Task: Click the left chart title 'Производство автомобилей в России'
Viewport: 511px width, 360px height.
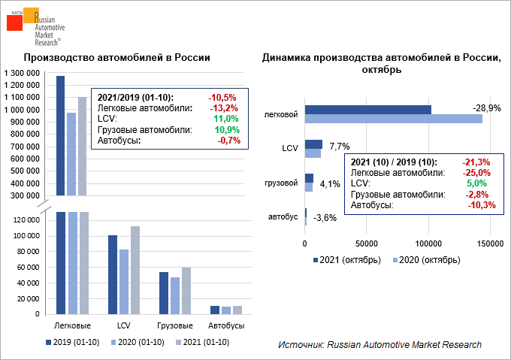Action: click(x=116, y=58)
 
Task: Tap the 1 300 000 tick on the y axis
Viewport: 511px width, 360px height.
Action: click(x=22, y=72)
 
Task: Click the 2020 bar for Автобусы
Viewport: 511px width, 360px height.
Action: click(x=227, y=310)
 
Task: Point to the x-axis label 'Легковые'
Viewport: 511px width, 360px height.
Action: click(x=74, y=326)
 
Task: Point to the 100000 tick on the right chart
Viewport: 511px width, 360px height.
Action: click(x=428, y=244)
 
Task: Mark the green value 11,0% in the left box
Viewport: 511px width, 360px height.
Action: click(x=225, y=119)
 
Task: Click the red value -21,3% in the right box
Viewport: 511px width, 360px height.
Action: click(x=478, y=162)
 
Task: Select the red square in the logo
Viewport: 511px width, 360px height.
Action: click(x=17, y=23)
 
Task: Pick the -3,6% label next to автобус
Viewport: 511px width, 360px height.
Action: click(x=324, y=219)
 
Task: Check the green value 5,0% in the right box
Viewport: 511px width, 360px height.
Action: click(x=477, y=183)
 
